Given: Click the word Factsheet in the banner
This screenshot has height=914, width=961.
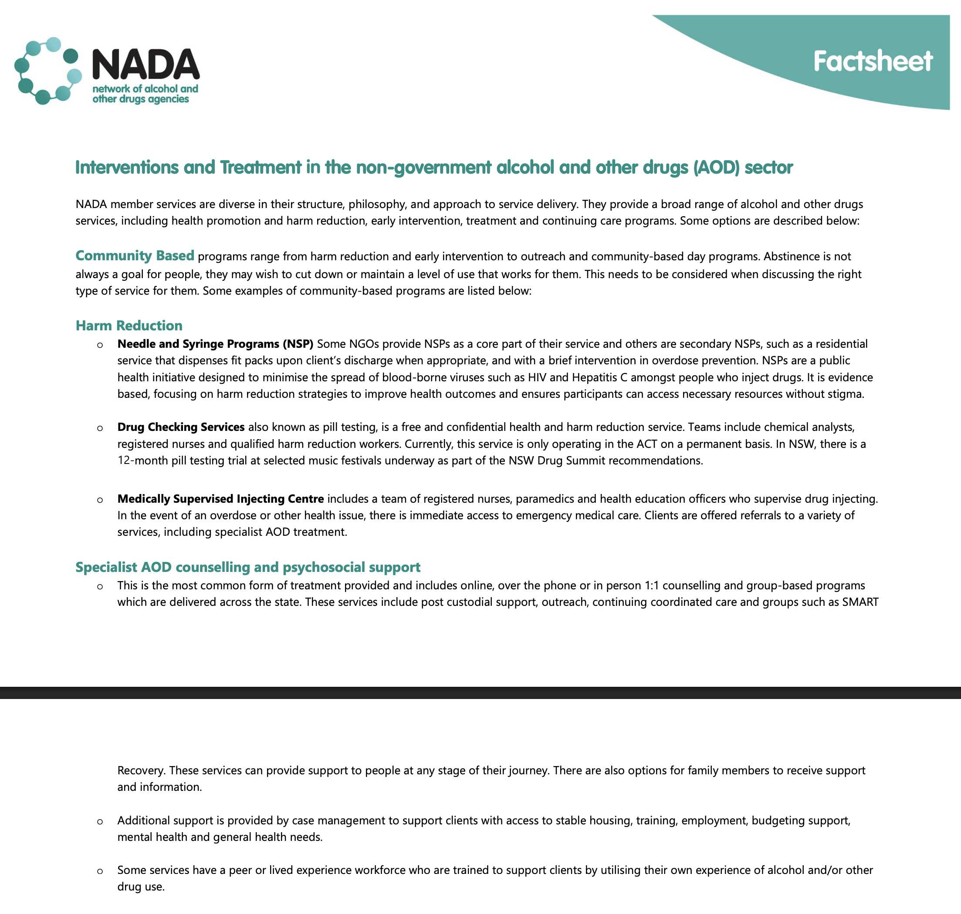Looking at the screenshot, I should pyautogui.click(x=872, y=61).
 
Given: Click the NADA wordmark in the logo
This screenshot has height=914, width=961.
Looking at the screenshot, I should pyautogui.click(x=146, y=65).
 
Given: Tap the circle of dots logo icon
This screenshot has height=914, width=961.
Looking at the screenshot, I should pyautogui.click(x=48, y=71).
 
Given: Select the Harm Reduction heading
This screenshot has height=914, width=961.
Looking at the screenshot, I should pyautogui.click(x=129, y=326).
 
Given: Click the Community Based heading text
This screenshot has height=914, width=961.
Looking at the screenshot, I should pyautogui.click(x=135, y=256).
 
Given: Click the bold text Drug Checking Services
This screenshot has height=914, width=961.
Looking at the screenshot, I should pyautogui.click(x=181, y=427).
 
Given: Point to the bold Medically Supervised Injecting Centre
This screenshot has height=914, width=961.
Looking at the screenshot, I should pyautogui.click(x=220, y=499).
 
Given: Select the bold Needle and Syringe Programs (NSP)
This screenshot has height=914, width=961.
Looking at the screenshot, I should pyautogui.click(x=215, y=344).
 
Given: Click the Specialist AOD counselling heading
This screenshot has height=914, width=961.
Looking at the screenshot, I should pyautogui.click(x=248, y=567).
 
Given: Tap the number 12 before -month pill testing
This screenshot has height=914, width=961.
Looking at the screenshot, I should pyautogui.click(x=123, y=460).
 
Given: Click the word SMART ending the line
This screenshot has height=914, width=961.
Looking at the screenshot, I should pyautogui.click(x=860, y=602).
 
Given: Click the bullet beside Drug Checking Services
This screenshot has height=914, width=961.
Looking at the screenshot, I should pyautogui.click(x=100, y=428).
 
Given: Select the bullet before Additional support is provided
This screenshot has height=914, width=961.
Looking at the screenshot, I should pyautogui.click(x=100, y=822).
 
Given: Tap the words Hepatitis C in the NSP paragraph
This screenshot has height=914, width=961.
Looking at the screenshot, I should pyautogui.click(x=599, y=378).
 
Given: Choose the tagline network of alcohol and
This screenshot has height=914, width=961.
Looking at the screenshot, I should pyautogui.click(x=146, y=89).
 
